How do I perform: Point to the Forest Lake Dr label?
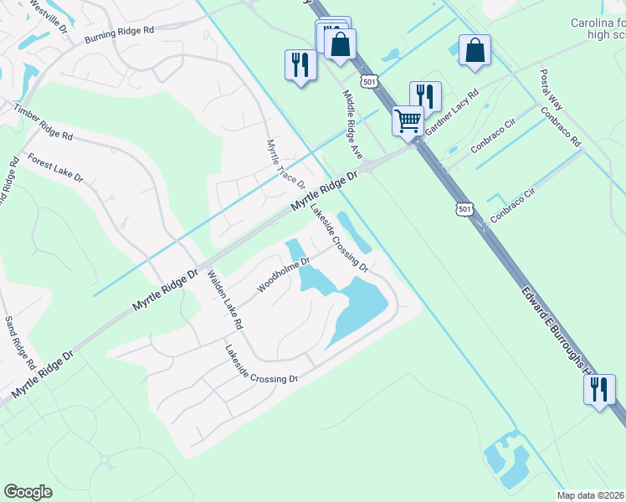pyautogui.click(x=56, y=167)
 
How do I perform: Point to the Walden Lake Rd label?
pyautogui.click(x=225, y=299)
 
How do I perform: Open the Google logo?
pyautogui.click(x=28, y=492)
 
